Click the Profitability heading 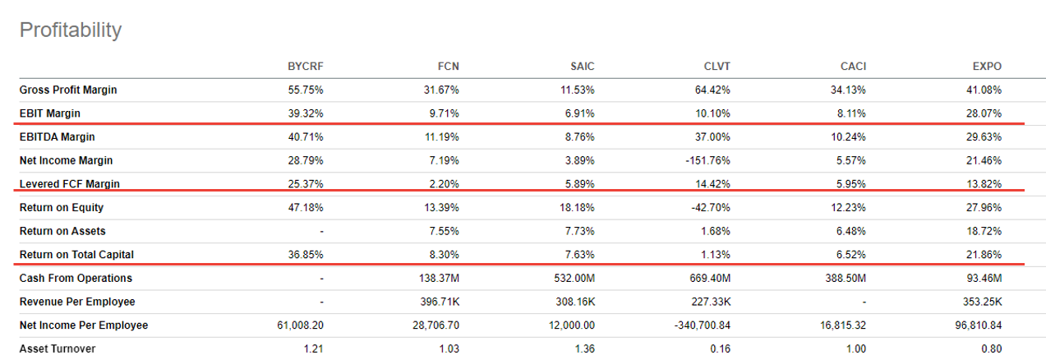pos(70,30)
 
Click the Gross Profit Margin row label pos(68,90)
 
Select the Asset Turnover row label pos(58,349)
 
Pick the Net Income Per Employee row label pos(84,325)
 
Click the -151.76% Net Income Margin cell pos(708,160)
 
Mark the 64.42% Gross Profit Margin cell pos(712,90)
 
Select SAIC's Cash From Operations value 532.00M pos(573,279)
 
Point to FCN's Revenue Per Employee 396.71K pos(436,302)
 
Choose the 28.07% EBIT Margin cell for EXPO pos(984,113)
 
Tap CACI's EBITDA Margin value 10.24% pos(848,137)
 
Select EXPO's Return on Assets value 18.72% pos(984,231)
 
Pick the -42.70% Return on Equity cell pos(712,208)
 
